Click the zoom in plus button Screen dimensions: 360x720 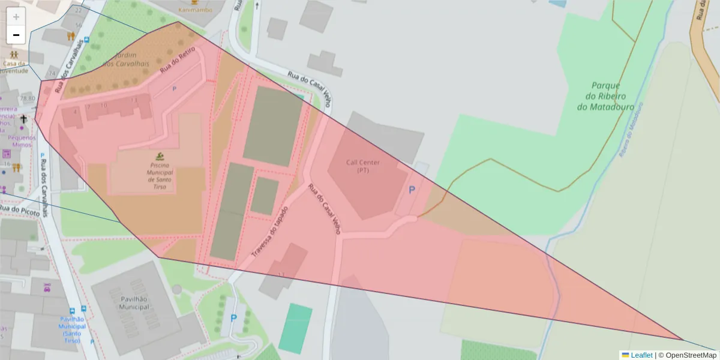pyautogui.click(x=16, y=16)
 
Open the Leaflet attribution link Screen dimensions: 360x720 pyautogui.click(x=641, y=355)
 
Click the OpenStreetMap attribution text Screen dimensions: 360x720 pyautogui.click(x=691, y=355)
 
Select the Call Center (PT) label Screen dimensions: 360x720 pyautogui.click(x=363, y=166)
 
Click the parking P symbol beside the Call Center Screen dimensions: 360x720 pyautogui.click(x=412, y=190)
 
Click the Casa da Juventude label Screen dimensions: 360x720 pyautogui.click(x=14, y=67)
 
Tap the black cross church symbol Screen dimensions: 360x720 pyautogui.click(x=23, y=119)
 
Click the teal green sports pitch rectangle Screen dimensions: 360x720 pyautogui.click(x=295, y=328)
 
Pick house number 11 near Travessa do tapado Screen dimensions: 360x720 pyautogui.click(x=281, y=274)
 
